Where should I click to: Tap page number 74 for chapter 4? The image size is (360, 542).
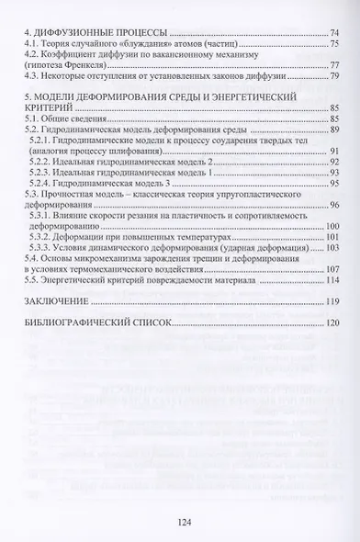pos(333,32)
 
